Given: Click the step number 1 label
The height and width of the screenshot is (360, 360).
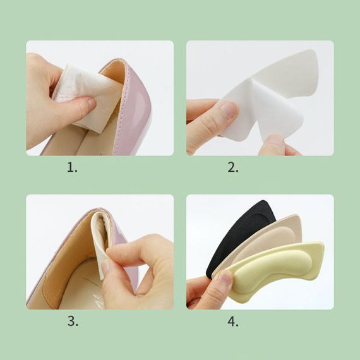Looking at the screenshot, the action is click(72, 167).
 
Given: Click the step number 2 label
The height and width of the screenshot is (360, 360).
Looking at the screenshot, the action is click(233, 167).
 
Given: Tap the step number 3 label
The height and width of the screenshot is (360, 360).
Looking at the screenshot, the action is click(73, 321).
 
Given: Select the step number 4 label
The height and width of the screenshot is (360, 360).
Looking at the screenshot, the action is click(233, 321).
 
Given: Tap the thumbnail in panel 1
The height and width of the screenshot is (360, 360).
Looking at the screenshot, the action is click(91, 104).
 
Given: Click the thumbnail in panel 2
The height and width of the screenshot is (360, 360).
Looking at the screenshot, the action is click(229, 109).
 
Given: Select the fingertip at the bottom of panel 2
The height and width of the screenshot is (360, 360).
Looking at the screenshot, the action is click(273, 142).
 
